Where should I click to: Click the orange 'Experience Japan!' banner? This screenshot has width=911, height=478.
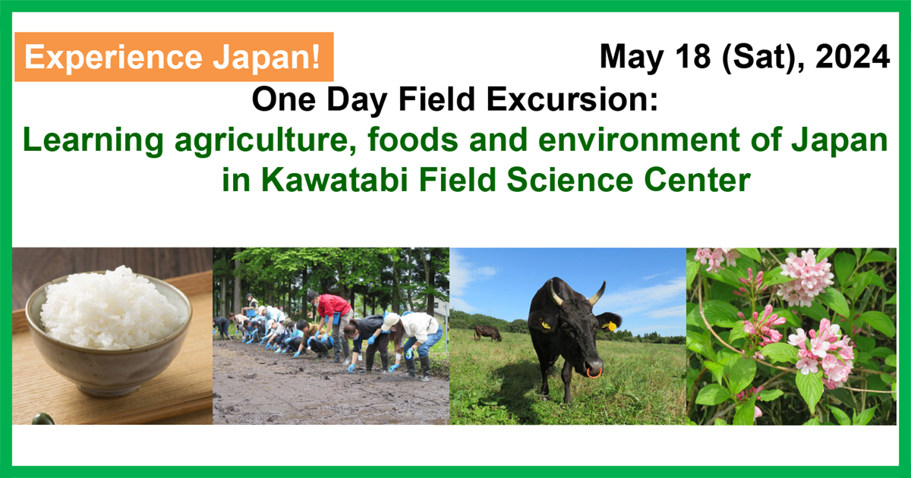click(x=174, y=57)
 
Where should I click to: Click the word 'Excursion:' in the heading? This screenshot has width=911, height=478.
click(x=572, y=99)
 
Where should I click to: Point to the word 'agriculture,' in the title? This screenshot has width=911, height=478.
click(x=266, y=140)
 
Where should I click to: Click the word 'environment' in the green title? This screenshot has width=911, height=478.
click(x=639, y=140)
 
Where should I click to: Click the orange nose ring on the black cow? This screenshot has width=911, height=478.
click(x=594, y=373)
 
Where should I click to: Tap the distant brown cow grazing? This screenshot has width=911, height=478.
click(x=487, y=333)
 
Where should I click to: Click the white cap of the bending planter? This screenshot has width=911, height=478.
click(x=390, y=321)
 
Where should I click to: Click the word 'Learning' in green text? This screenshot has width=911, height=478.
click(x=93, y=140)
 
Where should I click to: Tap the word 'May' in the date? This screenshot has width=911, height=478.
click(x=632, y=58)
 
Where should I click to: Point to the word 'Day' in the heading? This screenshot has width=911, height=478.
click(x=357, y=100)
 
